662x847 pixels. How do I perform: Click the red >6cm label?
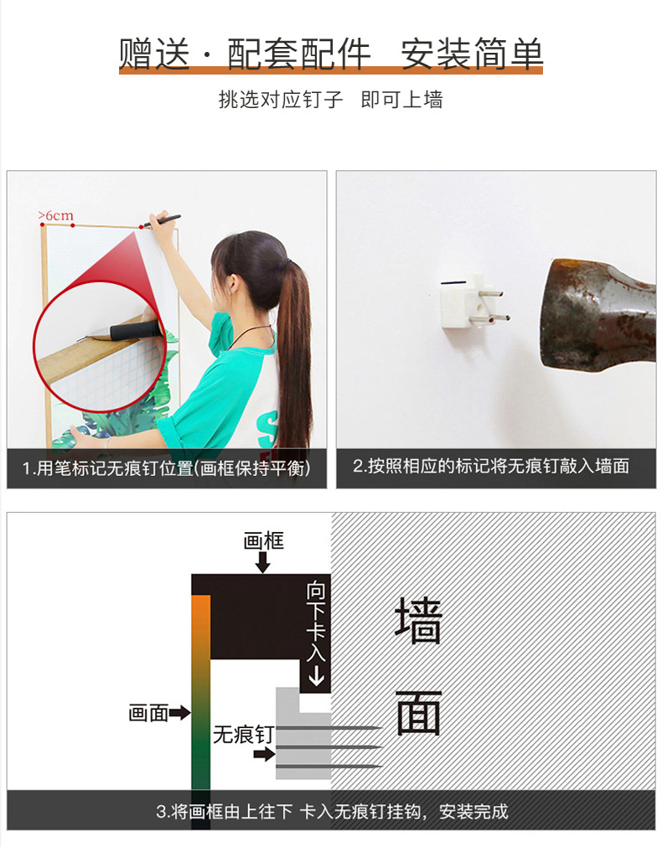coord(55,215)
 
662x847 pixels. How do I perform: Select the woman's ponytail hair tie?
coord(288,262)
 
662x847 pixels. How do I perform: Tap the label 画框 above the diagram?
coord(263,540)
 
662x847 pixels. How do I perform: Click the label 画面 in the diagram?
coord(148,713)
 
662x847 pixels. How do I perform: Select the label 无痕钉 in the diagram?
coord(243,735)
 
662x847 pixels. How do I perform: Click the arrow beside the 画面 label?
coord(179,713)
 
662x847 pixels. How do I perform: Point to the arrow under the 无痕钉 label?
coord(264,753)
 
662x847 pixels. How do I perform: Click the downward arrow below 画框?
coord(263,562)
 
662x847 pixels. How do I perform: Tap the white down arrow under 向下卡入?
coord(316,675)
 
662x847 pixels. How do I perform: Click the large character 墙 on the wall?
coord(418,620)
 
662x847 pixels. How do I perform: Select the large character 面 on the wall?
coord(418,712)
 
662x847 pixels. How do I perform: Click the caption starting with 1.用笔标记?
coord(167,467)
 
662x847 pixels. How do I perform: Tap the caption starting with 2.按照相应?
coord(491,466)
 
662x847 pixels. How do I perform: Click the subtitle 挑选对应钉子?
coord(281,100)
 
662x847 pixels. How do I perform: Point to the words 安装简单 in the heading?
coord(471,54)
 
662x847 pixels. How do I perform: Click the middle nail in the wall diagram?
coord(329,747)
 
